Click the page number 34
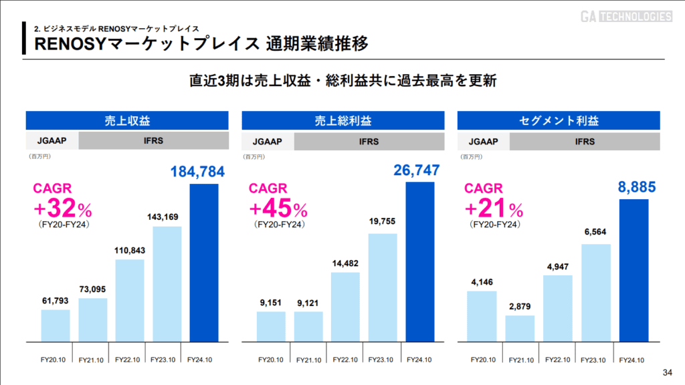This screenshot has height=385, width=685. (x=666, y=372)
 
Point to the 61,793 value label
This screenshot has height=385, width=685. (x=55, y=300)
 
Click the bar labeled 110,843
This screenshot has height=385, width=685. (x=130, y=300)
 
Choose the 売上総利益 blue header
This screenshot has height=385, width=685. (x=342, y=121)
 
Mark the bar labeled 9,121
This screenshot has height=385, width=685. (x=308, y=326)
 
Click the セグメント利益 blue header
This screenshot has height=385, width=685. (x=559, y=121)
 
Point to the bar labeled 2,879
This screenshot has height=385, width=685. (x=520, y=328)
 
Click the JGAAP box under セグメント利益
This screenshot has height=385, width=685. (x=483, y=142)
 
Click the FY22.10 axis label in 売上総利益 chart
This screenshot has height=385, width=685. (x=345, y=360)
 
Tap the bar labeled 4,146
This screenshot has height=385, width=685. (x=482, y=316)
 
